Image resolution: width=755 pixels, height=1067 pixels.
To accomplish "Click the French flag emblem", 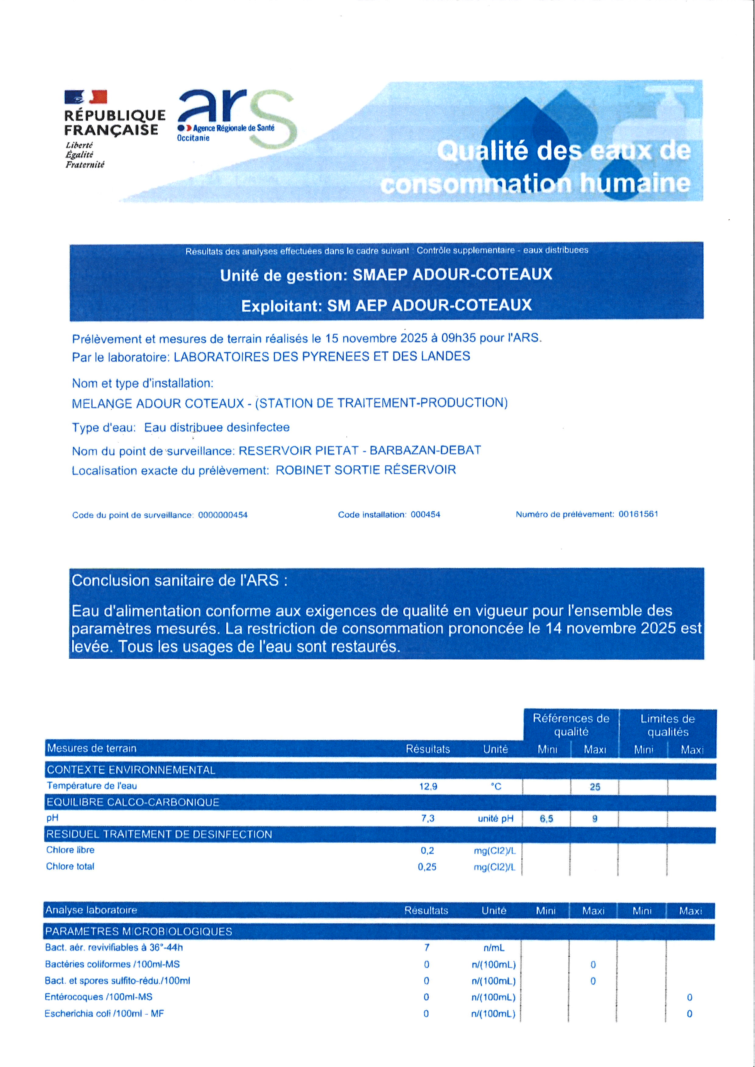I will pos(86,97).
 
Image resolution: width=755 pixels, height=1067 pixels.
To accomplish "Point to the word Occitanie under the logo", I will pos(193,138).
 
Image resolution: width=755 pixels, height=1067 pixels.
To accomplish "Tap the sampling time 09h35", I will pos(459,338).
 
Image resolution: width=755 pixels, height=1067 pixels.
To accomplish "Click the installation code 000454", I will pos(425,514).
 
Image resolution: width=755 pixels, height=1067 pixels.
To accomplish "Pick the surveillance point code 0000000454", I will pos(223,515).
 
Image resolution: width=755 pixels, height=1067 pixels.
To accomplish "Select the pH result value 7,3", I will pos(428,818).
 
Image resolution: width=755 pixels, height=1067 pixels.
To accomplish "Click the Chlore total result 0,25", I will pos(427,867).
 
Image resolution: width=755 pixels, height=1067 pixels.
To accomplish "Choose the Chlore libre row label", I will pos(70,850).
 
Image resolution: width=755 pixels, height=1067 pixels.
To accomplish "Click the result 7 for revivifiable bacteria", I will pos(427,947).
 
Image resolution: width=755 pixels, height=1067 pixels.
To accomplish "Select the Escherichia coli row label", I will pos(104,1013).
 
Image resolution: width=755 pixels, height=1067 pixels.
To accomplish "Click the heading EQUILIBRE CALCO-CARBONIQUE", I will pos(132,802).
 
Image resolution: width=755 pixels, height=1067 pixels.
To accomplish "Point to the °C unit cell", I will pos(496,787).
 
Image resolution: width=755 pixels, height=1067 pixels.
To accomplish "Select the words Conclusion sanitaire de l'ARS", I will pos(179,581).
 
